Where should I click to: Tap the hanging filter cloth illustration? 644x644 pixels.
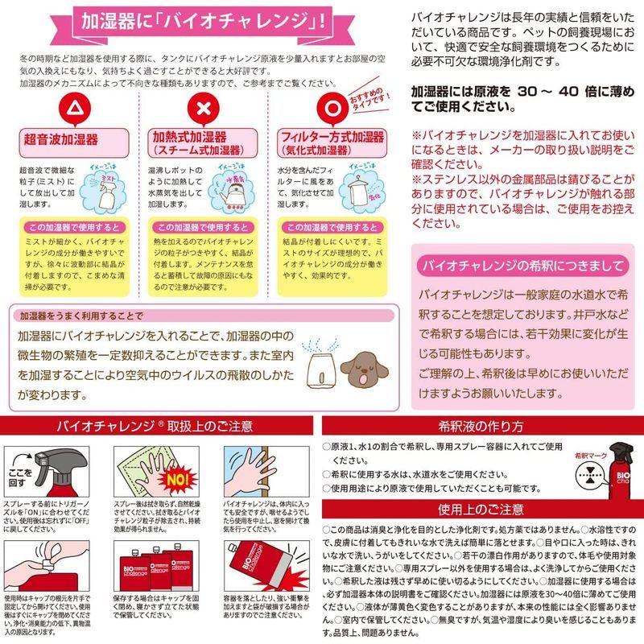[x=358, y=191]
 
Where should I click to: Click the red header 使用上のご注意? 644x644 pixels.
[x=483, y=510]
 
